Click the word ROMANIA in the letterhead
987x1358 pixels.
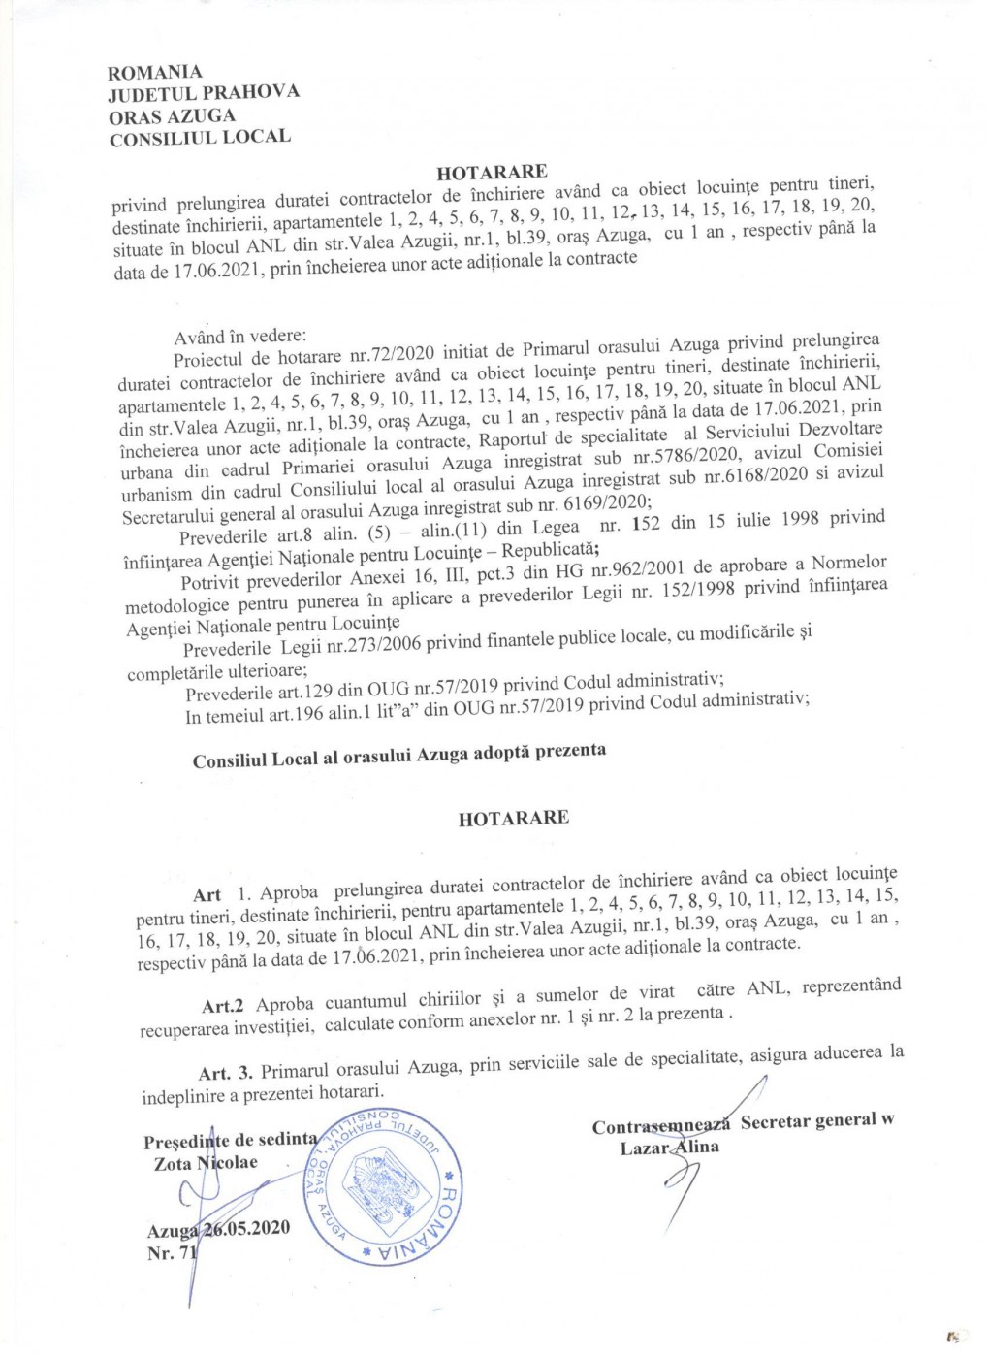(x=155, y=72)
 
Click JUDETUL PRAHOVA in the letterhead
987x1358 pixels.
(x=204, y=93)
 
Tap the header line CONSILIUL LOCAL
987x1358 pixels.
(x=200, y=137)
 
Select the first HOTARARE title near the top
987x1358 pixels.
(x=492, y=173)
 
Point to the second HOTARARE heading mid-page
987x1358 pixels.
(x=513, y=818)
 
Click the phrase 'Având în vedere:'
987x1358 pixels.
(x=239, y=337)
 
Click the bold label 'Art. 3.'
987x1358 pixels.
(x=225, y=1073)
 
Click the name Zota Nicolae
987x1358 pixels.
(x=206, y=1163)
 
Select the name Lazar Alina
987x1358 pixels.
(x=670, y=1148)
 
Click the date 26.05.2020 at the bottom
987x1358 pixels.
(x=246, y=1229)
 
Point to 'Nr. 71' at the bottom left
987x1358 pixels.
(x=172, y=1253)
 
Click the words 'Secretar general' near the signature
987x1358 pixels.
(x=807, y=1122)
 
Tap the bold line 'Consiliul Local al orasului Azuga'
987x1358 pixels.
(x=331, y=758)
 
